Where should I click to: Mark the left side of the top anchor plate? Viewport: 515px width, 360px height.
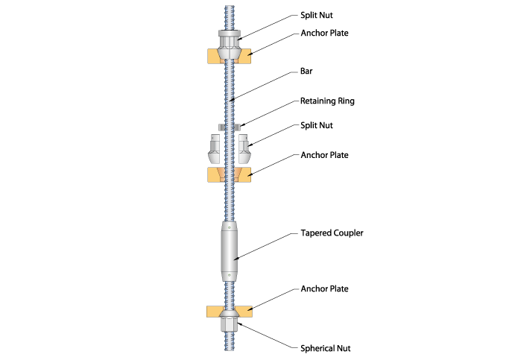[x=212, y=54]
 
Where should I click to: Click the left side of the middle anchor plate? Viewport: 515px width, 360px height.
[x=212, y=175]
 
